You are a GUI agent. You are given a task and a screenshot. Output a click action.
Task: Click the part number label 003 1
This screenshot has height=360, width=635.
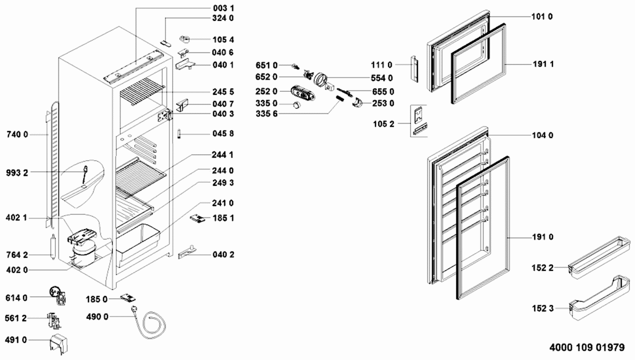click(224, 8)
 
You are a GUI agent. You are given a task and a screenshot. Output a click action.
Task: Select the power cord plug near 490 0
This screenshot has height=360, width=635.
click(134, 309)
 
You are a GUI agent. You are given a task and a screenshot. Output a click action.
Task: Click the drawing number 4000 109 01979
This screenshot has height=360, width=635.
click(587, 347)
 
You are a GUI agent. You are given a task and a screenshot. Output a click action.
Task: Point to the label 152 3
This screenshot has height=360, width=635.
click(543, 308)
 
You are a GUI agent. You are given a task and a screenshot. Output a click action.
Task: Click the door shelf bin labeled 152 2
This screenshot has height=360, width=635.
click(599, 258)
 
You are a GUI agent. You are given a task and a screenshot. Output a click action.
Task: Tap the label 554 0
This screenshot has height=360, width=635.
click(382, 78)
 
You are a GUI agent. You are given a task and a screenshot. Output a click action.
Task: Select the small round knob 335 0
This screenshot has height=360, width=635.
click(296, 104)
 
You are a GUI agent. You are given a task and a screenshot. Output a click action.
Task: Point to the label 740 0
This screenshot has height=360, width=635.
click(17, 135)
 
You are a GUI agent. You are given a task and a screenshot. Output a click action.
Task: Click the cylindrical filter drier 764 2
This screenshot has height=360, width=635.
click(52, 246)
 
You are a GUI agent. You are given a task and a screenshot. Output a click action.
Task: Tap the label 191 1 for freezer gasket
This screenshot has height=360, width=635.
click(543, 64)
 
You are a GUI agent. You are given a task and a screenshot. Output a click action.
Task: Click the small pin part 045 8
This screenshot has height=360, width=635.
click(179, 134)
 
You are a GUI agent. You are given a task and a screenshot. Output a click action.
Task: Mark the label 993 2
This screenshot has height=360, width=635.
click(17, 173)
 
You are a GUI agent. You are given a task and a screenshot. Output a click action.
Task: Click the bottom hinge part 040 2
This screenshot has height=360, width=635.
click(187, 253)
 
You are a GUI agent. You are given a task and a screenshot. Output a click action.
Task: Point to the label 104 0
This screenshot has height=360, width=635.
click(543, 135)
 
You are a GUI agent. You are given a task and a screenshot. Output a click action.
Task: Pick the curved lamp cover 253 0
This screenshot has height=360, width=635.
click(357, 102)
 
